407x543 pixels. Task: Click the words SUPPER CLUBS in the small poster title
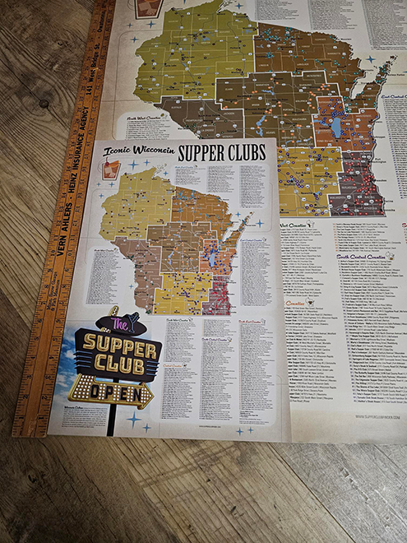(x=220, y=153)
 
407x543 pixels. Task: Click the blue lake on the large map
(x=335, y=128)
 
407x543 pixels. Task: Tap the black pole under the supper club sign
(x=112, y=420)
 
